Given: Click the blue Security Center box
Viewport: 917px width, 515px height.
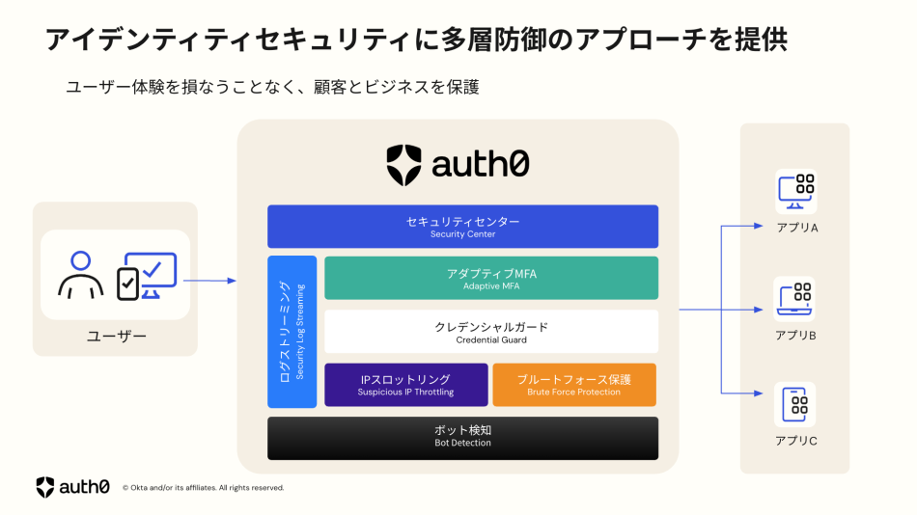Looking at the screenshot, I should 462,227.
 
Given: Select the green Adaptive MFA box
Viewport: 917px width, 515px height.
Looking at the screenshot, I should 491,278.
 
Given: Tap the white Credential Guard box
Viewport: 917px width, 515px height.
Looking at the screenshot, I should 491,332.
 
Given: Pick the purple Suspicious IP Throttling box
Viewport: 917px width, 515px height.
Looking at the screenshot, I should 405,385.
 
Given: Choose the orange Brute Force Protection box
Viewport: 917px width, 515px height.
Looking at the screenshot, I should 573,385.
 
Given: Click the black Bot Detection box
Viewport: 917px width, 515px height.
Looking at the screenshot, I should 462,437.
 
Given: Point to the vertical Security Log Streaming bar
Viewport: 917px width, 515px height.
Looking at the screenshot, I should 292,332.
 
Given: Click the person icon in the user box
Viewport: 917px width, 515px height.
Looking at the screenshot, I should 80,275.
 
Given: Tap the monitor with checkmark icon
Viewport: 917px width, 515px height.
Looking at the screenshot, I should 148,276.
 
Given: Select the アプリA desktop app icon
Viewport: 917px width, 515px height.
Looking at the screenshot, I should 796,192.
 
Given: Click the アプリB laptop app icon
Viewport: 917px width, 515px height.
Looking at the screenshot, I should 796,299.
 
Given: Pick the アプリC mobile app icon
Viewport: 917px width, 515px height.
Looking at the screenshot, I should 796,406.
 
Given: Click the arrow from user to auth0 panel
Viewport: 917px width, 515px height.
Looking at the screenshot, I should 209,281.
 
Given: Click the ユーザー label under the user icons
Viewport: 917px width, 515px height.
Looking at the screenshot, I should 116,336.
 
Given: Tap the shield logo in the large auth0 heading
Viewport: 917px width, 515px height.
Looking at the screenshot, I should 403,165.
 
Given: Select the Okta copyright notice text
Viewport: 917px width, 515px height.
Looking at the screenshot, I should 203,488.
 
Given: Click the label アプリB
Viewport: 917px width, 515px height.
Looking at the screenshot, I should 796,336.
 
